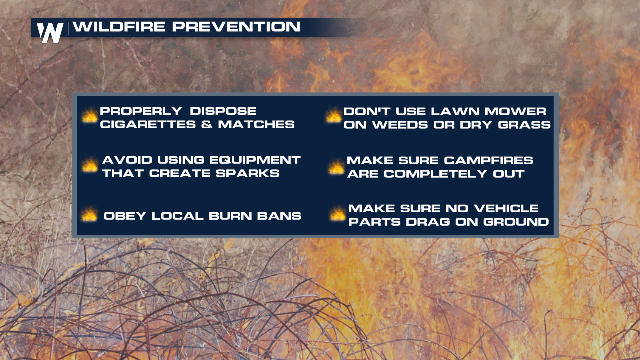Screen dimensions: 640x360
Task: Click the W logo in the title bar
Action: click(50, 32)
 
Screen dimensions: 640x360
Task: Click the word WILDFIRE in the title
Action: click(119, 27)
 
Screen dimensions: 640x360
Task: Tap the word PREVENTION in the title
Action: click(236, 27)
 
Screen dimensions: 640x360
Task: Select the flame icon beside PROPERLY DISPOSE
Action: click(89, 116)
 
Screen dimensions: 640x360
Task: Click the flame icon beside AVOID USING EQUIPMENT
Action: click(90, 165)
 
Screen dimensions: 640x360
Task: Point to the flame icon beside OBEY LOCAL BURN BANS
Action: click(89, 214)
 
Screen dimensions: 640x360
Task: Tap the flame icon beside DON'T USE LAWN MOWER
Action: click(333, 115)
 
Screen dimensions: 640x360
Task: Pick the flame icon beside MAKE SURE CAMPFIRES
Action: click(336, 167)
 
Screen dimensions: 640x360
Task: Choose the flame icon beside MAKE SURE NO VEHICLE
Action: click(337, 213)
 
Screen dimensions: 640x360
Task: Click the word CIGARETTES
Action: click(148, 125)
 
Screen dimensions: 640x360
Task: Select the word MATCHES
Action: click(256, 125)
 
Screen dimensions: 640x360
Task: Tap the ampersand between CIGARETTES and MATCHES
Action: click(207, 125)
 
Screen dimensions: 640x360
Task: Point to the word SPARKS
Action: click(247, 173)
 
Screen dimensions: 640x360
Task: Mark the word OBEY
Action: click(125, 216)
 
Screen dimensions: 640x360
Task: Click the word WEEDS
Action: click(400, 125)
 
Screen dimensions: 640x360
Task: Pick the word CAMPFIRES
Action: click(488, 160)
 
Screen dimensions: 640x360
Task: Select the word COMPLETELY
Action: click(435, 174)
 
